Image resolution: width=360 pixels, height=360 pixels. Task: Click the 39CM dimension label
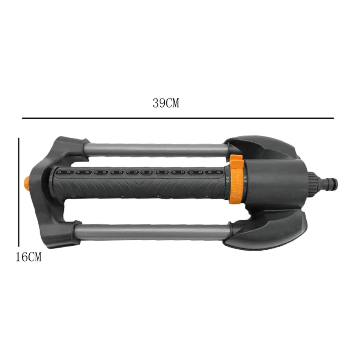click(x=166, y=103)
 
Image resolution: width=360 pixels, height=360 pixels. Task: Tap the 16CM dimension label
click(x=28, y=257)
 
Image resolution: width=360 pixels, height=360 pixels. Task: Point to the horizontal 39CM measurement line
click(x=178, y=118)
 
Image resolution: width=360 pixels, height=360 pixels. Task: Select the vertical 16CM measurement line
click(x=19, y=192)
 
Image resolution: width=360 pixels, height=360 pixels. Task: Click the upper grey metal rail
click(x=156, y=150)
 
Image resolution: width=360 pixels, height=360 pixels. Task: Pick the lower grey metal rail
click(x=152, y=232)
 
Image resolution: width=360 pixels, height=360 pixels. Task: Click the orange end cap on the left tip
click(x=27, y=184)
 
